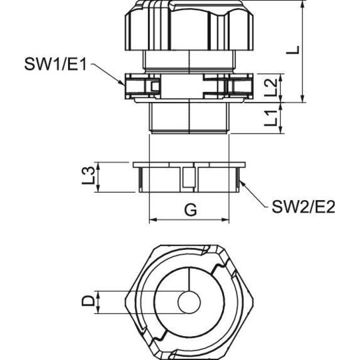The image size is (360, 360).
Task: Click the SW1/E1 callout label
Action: pyautogui.click(x=55, y=64)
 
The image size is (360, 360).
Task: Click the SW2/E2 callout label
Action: pyautogui.click(x=303, y=207)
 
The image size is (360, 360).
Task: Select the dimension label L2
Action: pyautogui.click(x=271, y=87)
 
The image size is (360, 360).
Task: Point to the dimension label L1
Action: pyautogui.click(x=271, y=118)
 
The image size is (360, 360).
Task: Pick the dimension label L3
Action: pyautogui.click(x=89, y=176)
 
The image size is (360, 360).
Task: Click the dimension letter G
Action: pyautogui.click(x=191, y=209)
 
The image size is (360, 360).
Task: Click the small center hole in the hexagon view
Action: pyautogui.click(x=189, y=301)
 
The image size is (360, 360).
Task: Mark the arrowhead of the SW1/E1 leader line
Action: pyautogui.click(x=123, y=83)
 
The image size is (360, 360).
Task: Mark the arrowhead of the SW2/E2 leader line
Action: pyautogui.click(x=241, y=183)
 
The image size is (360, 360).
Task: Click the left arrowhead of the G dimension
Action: pyautogui.click(x=153, y=220)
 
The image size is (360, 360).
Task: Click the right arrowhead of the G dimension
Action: pyautogui.click(x=226, y=220)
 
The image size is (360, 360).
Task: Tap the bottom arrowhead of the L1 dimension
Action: pyautogui.click(x=281, y=130)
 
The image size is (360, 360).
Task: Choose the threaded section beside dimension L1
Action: pyautogui.click(x=189, y=117)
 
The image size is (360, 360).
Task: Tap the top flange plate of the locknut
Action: pyautogui.click(x=189, y=165)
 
